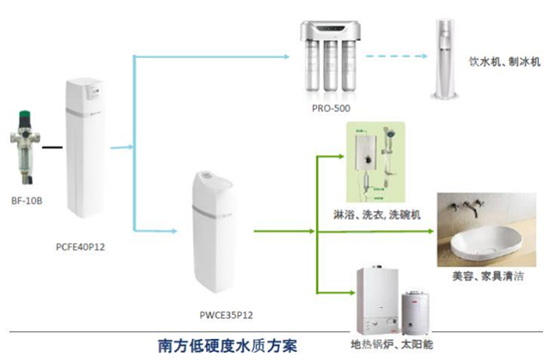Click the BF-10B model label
[27, 201]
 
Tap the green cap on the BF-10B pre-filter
[25, 115]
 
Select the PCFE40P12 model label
[81, 246]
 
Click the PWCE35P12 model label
[226, 315]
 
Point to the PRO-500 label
[331, 109]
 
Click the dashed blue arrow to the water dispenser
[397, 56]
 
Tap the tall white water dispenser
[445, 59]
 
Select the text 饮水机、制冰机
[505, 62]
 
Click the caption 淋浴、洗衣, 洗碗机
[377, 214]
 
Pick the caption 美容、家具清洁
[488, 276]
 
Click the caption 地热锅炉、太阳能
[392, 344]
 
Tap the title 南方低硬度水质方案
[227, 346]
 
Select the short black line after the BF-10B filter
[52, 148]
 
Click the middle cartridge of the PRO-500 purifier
[330, 65]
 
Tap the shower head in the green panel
[390, 135]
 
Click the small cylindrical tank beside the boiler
[415, 313]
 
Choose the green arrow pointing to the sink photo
[376, 231]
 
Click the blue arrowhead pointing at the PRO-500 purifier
[287, 56]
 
